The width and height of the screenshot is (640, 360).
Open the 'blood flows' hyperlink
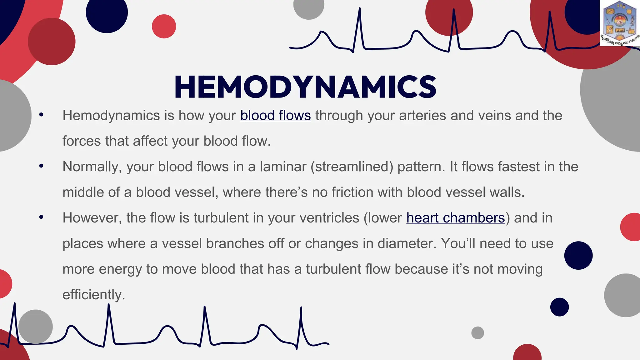tap(275, 116)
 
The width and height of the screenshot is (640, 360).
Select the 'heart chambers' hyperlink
tap(455, 218)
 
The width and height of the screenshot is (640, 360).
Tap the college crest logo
tap(620, 23)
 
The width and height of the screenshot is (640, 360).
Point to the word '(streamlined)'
tap(352, 167)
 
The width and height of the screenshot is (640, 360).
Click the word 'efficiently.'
tap(94, 295)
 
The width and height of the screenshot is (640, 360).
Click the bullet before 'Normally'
tap(41, 166)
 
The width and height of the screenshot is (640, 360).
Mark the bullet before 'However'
tap(41, 217)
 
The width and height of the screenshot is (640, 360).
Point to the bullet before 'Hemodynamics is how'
tap(41, 115)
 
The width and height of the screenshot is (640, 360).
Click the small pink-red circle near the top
tap(164, 26)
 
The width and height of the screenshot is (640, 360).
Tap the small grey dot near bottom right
tap(477, 333)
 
